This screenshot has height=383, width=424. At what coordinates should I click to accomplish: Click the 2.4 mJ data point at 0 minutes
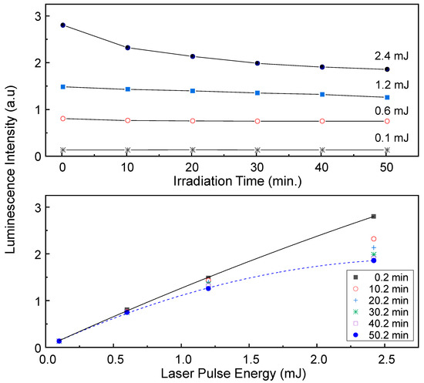(x=62, y=25)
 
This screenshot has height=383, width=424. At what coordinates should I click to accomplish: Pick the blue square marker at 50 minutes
(x=387, y=98)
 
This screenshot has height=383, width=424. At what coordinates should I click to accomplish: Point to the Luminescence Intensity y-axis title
(x=10, y=189)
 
